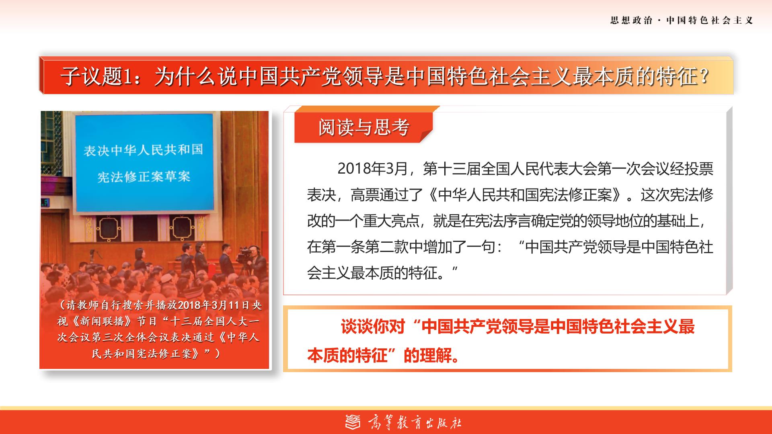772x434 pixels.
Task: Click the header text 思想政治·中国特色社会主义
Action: pos(681,20)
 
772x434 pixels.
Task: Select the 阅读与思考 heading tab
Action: pos(363,127)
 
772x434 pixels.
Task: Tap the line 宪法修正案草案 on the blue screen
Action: pos(144,176)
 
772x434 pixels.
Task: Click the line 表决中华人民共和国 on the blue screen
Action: pos(143,150)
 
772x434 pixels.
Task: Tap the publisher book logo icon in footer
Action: pos(353,422)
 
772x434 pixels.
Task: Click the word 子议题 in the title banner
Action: pos(92,76)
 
